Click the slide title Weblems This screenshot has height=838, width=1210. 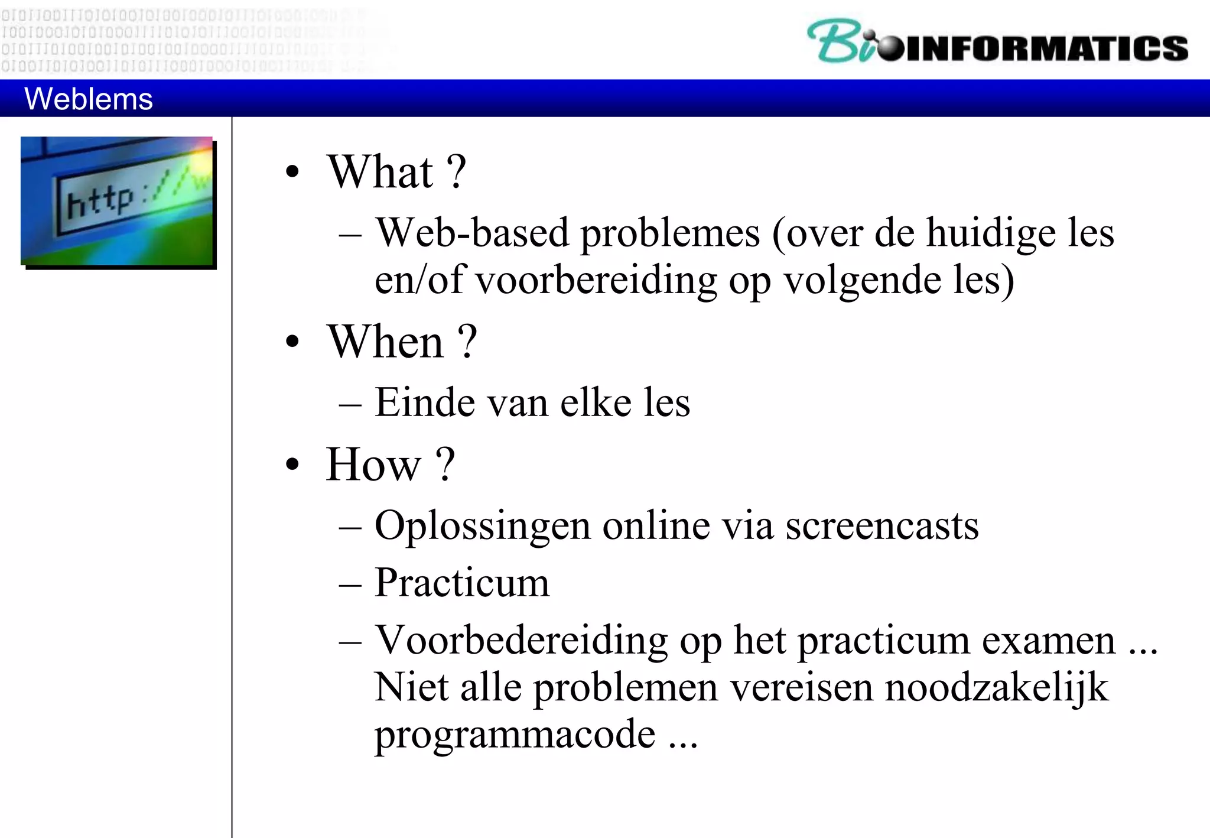pyautogui.click(x=89, y=99)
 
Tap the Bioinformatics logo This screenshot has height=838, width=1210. pyautogui.click(x=997, y=41)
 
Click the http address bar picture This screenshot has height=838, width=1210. pyautogui.click(x=118, y=201)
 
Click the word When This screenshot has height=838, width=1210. pyautogui.click(x=385, y=342)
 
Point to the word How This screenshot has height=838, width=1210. pyautogui.click(x=373, y=465)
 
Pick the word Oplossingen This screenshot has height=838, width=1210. pyautogui.click(x=482, y=526)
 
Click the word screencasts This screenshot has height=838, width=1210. pyautogui.click(x=882, y=526)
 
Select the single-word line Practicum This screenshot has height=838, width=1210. pyautogui.click(x=462, y=583)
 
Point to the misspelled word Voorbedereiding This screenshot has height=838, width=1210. pyautogui.click(x=522, y=641)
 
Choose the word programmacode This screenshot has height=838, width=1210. pyautogui.click(x=515, y=735)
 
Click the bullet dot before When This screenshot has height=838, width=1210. pyautogui.click(x=292, y=342)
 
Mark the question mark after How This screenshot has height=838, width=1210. pyautogui.click(x=446, y=465)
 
